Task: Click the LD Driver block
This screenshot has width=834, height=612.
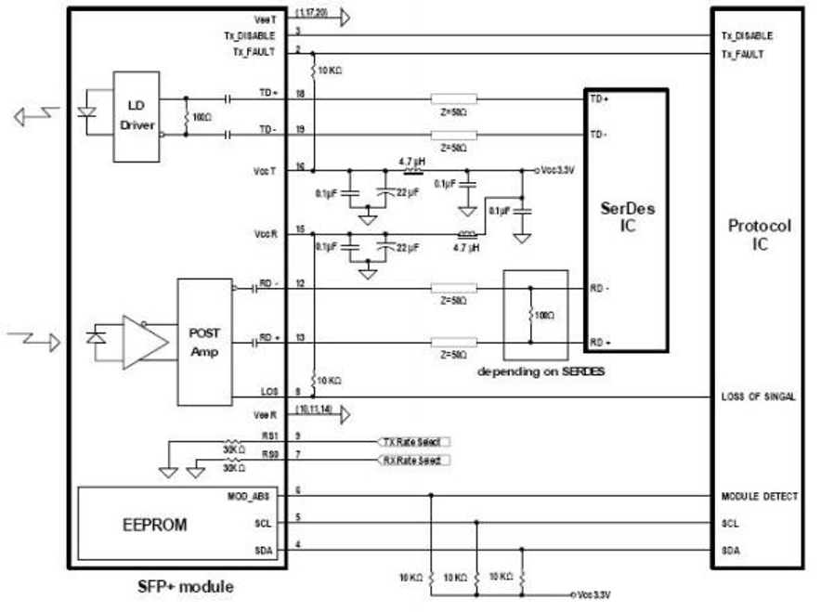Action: [136, 116]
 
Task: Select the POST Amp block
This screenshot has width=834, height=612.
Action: [204, 341]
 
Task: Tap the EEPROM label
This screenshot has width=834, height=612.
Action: [154, 525]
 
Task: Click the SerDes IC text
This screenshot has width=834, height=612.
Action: [627, 216]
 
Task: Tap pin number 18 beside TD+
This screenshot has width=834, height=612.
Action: [300, 95]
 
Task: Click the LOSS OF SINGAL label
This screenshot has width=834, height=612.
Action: [758, 397]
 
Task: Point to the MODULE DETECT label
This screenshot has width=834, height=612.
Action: [759, 497]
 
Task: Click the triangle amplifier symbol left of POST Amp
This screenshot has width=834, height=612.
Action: [147, 340]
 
